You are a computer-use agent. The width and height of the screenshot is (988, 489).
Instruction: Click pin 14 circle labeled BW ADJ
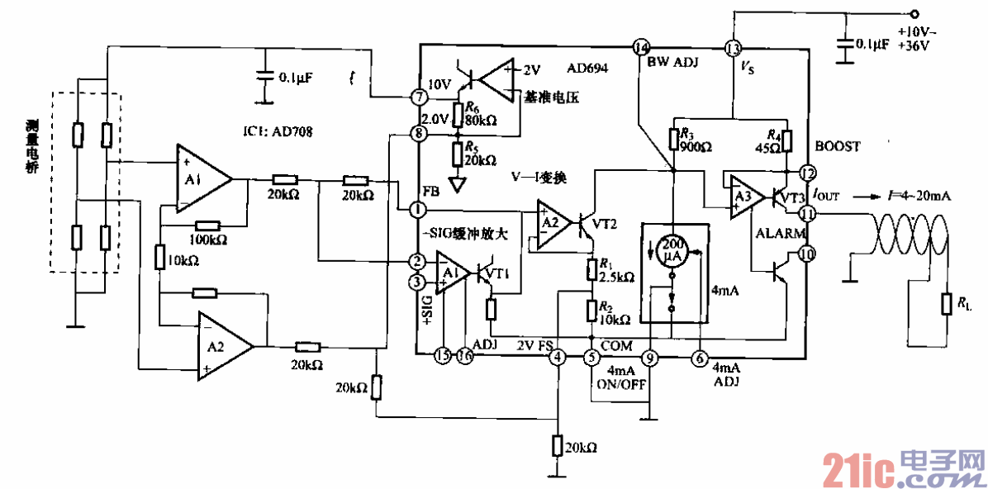tap(640, 47)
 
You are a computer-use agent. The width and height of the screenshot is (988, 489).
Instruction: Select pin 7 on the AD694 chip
tap(419, 97)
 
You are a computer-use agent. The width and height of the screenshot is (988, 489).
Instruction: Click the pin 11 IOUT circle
tap(806, 213)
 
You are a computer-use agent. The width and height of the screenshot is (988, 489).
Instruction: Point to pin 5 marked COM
tap(591, 357)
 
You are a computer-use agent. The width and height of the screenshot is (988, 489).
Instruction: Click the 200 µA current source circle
tap(673, 250)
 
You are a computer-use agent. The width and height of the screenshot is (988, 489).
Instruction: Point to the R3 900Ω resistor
tap(673, 139)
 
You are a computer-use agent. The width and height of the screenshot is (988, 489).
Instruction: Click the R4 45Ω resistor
tap(787, 140)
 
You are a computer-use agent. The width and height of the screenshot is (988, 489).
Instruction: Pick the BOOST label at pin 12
tap(838, 146)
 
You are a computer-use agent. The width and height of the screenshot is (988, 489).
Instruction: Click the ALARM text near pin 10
tap(779, 235)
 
